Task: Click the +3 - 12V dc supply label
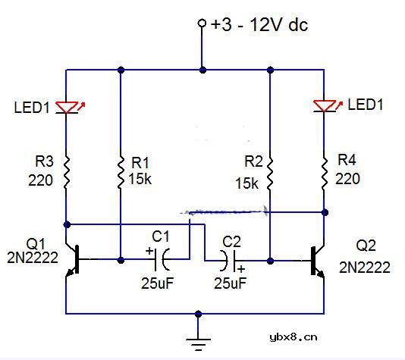[259, 24]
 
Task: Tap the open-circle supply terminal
[202, 23]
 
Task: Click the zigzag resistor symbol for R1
[121, 173]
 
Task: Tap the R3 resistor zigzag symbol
[67, 171]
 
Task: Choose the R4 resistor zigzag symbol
[325, 173]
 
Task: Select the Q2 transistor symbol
[317, 260]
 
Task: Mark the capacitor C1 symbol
[162, 259]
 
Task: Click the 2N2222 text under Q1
[33, 258]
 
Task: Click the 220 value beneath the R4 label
[349, 180]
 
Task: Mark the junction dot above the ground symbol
[198, 313]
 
